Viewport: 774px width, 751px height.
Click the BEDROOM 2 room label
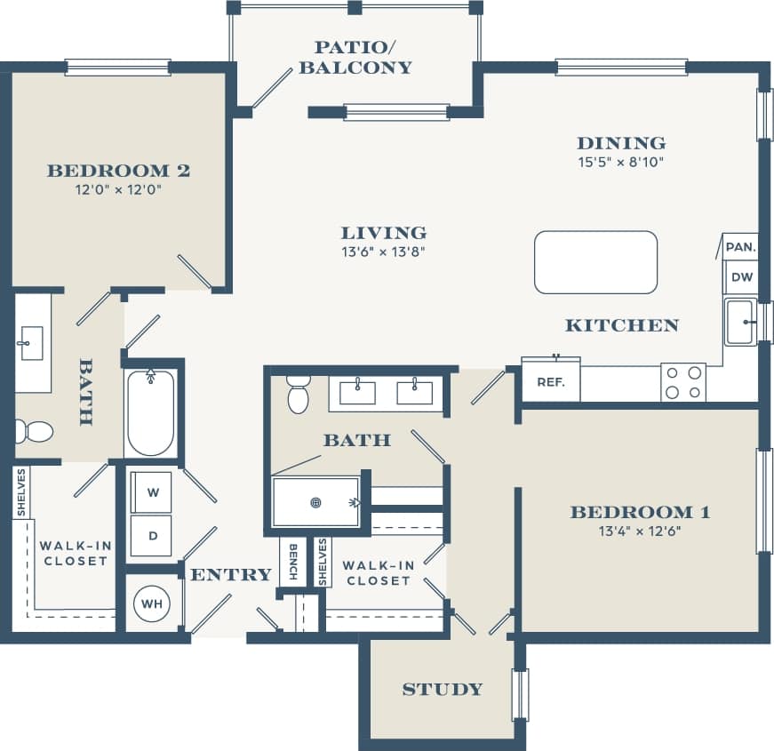click(118, 171)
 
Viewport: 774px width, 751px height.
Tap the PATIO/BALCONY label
click(355, 58)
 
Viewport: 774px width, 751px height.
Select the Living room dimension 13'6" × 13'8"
click(384, 252)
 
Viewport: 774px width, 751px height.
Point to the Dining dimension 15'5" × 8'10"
click(621, 163)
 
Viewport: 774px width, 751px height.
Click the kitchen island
click(595, 262)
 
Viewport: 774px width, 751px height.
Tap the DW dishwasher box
click(741, 277)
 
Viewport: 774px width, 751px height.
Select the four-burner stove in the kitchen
click(682, 382)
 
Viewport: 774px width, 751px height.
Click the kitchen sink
click(741, 322)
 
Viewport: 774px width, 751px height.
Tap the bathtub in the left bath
click(150, 413)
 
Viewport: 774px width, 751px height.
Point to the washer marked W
click(152, 493)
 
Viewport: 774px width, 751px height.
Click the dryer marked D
click(152, 536)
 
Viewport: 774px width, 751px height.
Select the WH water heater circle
click(152, 604)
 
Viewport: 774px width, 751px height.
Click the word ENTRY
click(230, 575)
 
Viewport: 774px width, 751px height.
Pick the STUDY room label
click(442, 689)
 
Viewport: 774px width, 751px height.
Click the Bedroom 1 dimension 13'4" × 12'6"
click(640, 532)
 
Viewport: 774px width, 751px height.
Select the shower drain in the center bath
click(315, 503)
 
